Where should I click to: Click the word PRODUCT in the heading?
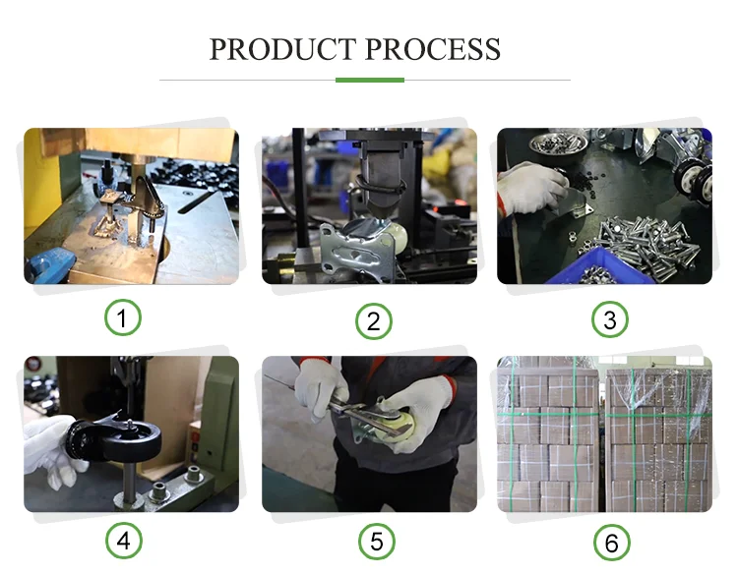282,49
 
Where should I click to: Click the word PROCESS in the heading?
433,49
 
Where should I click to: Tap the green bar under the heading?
369,80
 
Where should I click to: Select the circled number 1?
122,317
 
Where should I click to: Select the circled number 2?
374,321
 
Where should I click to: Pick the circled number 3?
609,319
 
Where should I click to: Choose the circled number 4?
123,541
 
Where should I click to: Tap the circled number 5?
377,542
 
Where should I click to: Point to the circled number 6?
611,543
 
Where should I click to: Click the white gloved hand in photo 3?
531,188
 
